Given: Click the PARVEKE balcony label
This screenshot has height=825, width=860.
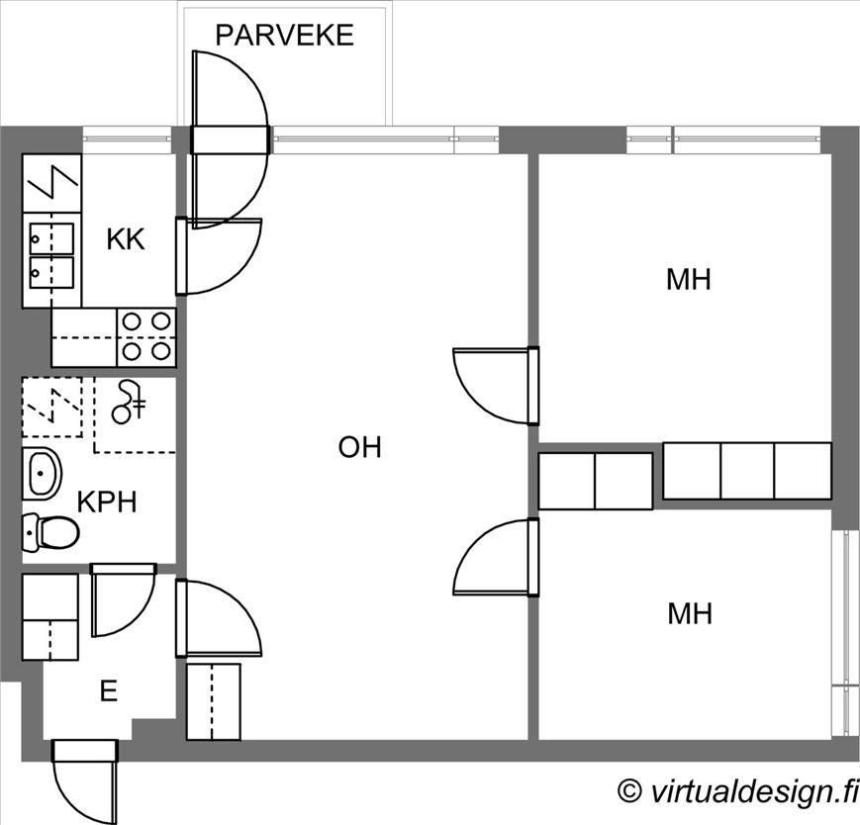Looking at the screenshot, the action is coord(284,35).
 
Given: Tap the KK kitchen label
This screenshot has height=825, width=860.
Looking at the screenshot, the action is coord(126,239).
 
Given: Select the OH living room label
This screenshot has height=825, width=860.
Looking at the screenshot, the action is coord(360,447).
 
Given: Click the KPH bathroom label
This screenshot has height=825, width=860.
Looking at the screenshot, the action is coord(107,503).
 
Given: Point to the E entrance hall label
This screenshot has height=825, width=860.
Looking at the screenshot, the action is coord(109,691).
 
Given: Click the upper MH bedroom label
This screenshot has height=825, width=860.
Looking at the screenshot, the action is coord(689,280).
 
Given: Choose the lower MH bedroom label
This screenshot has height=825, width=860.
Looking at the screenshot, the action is coord(690,614).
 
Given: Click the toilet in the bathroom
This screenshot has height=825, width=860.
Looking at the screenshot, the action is coord(50,532).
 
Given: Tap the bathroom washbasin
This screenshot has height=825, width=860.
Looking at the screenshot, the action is coord(42,473).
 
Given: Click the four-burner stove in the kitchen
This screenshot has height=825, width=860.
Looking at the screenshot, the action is coord(145,337).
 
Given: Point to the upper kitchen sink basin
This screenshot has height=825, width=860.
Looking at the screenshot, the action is coord(51,238).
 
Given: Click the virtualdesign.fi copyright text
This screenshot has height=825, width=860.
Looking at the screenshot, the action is coord(737,791).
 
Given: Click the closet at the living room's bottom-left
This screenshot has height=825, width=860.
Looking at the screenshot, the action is coord(214,702).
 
